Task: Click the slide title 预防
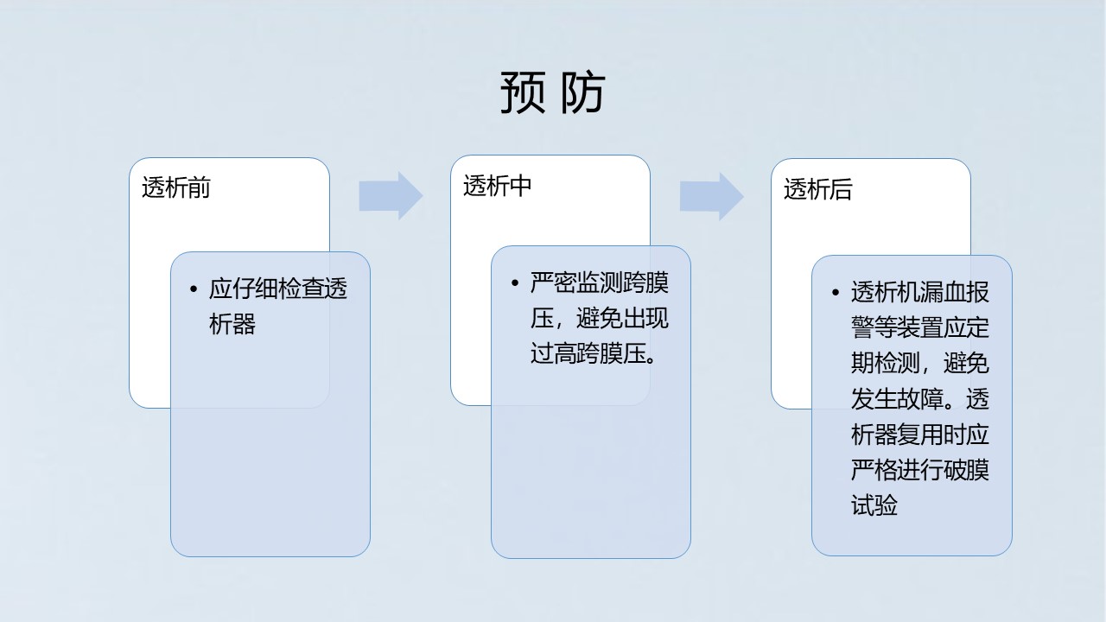[553, 92]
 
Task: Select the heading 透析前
[176, 187]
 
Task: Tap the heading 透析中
[497, 186]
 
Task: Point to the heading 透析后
[818, 189]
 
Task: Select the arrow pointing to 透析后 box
[712, 196]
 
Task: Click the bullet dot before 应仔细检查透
[194, 289]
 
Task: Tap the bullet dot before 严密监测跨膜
[515, 282]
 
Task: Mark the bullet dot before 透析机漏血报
[836, 292]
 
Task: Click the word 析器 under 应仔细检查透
[232, 324]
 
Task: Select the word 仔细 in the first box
[255, 289]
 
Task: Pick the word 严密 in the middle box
[554, 282]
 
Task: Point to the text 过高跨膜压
[588, 353]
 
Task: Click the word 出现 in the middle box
[645, 318]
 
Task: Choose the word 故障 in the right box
[920, 399]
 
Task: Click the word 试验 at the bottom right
[874, 505]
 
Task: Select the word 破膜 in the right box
[966, 470]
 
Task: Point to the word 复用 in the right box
[920, 435]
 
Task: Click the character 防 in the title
[582, 92]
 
